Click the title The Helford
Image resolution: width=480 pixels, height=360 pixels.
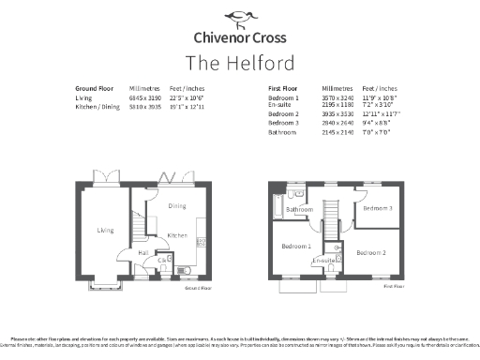point(239,63)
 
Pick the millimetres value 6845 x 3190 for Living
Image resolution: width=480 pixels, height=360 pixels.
point(145,97)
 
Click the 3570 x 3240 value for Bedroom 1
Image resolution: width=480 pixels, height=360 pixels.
point(337,97)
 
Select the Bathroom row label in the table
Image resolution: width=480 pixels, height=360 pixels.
point(282,132)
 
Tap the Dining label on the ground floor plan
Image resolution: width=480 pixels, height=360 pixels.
point(176,206)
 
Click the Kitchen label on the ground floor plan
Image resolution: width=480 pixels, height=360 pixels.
point(177,235)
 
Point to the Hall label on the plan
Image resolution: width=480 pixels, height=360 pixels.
point(143,251)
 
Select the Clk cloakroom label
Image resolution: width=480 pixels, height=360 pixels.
point(162,260)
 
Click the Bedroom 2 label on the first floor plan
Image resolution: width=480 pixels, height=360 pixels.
point(370,252)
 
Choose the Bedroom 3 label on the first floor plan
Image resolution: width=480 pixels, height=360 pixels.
point(378,208)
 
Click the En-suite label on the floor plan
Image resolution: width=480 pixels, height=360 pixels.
point(324,260)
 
